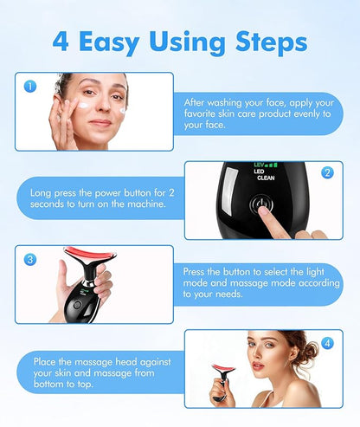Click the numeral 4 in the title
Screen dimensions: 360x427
point(61,42)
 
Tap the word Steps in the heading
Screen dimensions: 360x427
point(271,42)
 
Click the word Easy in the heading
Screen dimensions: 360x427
point(109,43)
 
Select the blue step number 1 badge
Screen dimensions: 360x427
point(30,86)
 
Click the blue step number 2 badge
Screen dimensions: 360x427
point(327,172)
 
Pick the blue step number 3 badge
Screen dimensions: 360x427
point(30,260)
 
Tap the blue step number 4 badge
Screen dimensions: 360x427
point(327,343)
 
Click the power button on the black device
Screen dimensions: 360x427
point(261,204)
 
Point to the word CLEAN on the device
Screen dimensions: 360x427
point(266,178)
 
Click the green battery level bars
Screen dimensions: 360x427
point(272,165)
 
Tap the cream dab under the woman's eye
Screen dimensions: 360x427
point(85,105)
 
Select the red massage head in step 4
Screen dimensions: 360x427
point(224,368)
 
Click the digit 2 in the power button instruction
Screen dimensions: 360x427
point(171,192)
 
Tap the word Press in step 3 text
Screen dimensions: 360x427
point(194,272)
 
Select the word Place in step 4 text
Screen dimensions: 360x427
point(44,361)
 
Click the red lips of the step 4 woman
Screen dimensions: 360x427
point(258,366)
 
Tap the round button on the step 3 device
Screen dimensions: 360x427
point(77,305)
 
